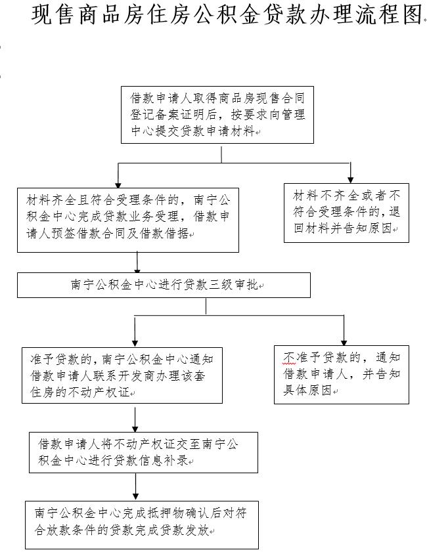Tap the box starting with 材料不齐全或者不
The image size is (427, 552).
tap(346, 213)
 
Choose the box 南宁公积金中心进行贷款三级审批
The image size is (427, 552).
tap(164, 286)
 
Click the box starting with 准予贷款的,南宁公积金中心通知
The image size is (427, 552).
tap(122, 375)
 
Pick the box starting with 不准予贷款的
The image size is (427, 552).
tap(342, 374)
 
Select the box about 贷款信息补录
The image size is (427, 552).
tap(143, 452)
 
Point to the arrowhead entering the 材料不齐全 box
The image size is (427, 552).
tap(351, 179)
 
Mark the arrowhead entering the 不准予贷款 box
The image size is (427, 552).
tap(344, 341)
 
